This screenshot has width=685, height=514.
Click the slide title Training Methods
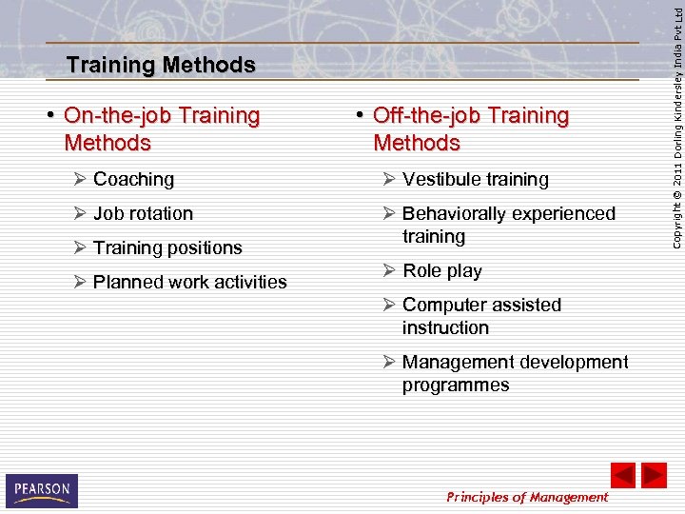point(161,66)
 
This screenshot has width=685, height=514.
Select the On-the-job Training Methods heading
point(161,129)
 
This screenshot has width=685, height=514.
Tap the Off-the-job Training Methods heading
point(470,129)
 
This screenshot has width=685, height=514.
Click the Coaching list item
point(133,180)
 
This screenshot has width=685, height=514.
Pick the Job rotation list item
point(143,214)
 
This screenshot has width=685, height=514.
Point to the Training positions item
point(167,248)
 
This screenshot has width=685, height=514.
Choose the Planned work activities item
point(189,283)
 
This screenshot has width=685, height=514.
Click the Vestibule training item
point(475,180)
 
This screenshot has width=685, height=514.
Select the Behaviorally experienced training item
point(508,226)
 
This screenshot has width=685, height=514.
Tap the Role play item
point(441,271)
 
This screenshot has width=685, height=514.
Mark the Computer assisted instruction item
point(480,317)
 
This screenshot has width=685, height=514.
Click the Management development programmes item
point(514,374)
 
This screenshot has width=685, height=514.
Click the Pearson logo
point(41,490)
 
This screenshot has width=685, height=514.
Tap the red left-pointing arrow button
point(622,475)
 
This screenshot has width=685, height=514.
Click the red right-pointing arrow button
point(654,475)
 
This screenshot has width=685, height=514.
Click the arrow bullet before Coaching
point(80,180)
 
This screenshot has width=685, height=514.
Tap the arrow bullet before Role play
point(389,271)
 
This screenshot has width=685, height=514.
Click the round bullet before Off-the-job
point(362,116)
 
